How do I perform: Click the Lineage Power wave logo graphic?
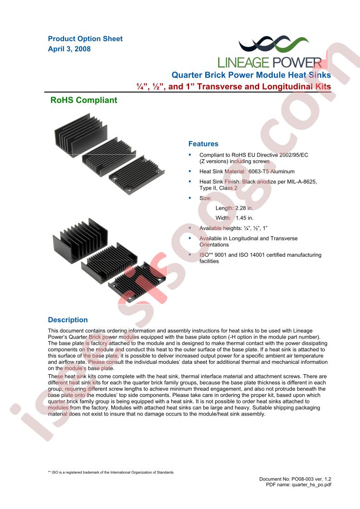273,44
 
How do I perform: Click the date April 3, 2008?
69,49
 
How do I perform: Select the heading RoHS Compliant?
84,100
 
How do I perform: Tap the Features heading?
203,144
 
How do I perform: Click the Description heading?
68,320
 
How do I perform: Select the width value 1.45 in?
245,218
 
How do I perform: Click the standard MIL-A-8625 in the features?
302,181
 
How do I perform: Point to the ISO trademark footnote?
110,472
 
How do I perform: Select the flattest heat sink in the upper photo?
137,175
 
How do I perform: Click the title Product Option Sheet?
85,39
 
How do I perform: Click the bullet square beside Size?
190,198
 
